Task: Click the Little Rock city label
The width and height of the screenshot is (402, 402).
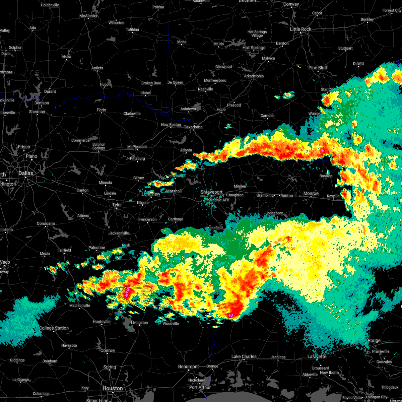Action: (x=300, y=29)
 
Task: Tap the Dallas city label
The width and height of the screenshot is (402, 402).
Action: (x=26, y=173)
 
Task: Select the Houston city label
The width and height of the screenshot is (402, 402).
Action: (x=113, y=388)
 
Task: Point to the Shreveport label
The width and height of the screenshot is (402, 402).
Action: (x=211, y=192)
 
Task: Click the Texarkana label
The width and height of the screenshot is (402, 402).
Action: (x=193, y=127)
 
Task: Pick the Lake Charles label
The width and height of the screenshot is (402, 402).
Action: (x=244, y=356)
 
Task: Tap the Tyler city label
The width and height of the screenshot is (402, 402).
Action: (x=117, y=205)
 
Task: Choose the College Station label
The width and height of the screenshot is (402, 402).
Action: (x=54, y=328)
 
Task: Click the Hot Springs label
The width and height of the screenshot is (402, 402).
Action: (x=254, y=48)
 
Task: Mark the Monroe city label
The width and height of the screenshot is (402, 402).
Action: (x=311, y=193)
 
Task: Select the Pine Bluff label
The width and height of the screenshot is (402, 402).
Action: (x=318, y=68)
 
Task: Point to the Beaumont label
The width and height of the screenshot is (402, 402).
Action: (x=189, y=366)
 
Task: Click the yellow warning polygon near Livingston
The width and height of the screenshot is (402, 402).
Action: (x=141, y=300)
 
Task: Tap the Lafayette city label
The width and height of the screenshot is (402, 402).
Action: (x=317, y=356)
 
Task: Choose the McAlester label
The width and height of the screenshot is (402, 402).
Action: (x=89, y=16)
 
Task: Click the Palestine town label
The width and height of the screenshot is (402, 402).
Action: (x=96, y=248)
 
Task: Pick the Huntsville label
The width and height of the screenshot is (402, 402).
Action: (x=102, y=322)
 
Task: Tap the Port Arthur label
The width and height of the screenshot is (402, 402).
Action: (x=200, y=387)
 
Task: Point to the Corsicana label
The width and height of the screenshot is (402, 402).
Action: (x=46, y=223)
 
